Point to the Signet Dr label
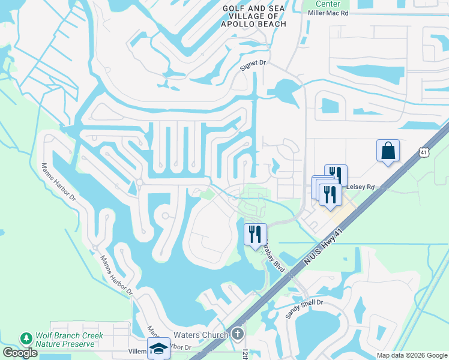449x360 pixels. pos(252,65)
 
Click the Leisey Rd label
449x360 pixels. pos(361,187)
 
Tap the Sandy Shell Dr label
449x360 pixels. pos(304,309)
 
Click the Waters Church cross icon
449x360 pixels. pos(238,334)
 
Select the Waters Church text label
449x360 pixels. pos(200,335)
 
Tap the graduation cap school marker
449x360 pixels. pos(159,349)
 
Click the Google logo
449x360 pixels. pos(20,353)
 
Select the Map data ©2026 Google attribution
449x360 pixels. pos(411,355)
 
